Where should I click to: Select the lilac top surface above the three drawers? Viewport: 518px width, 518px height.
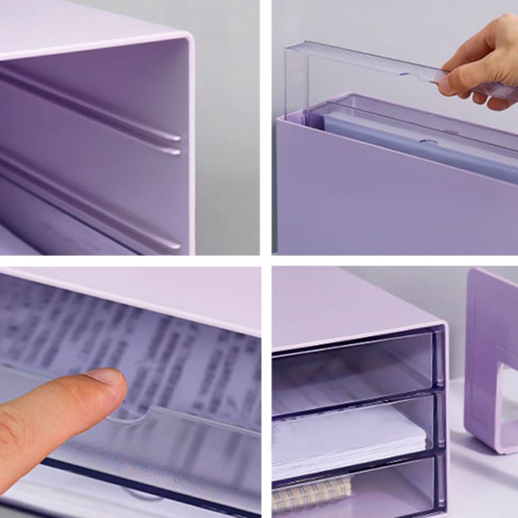(x=350, y=298)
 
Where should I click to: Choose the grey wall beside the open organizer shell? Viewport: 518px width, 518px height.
(x=227, y=129)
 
